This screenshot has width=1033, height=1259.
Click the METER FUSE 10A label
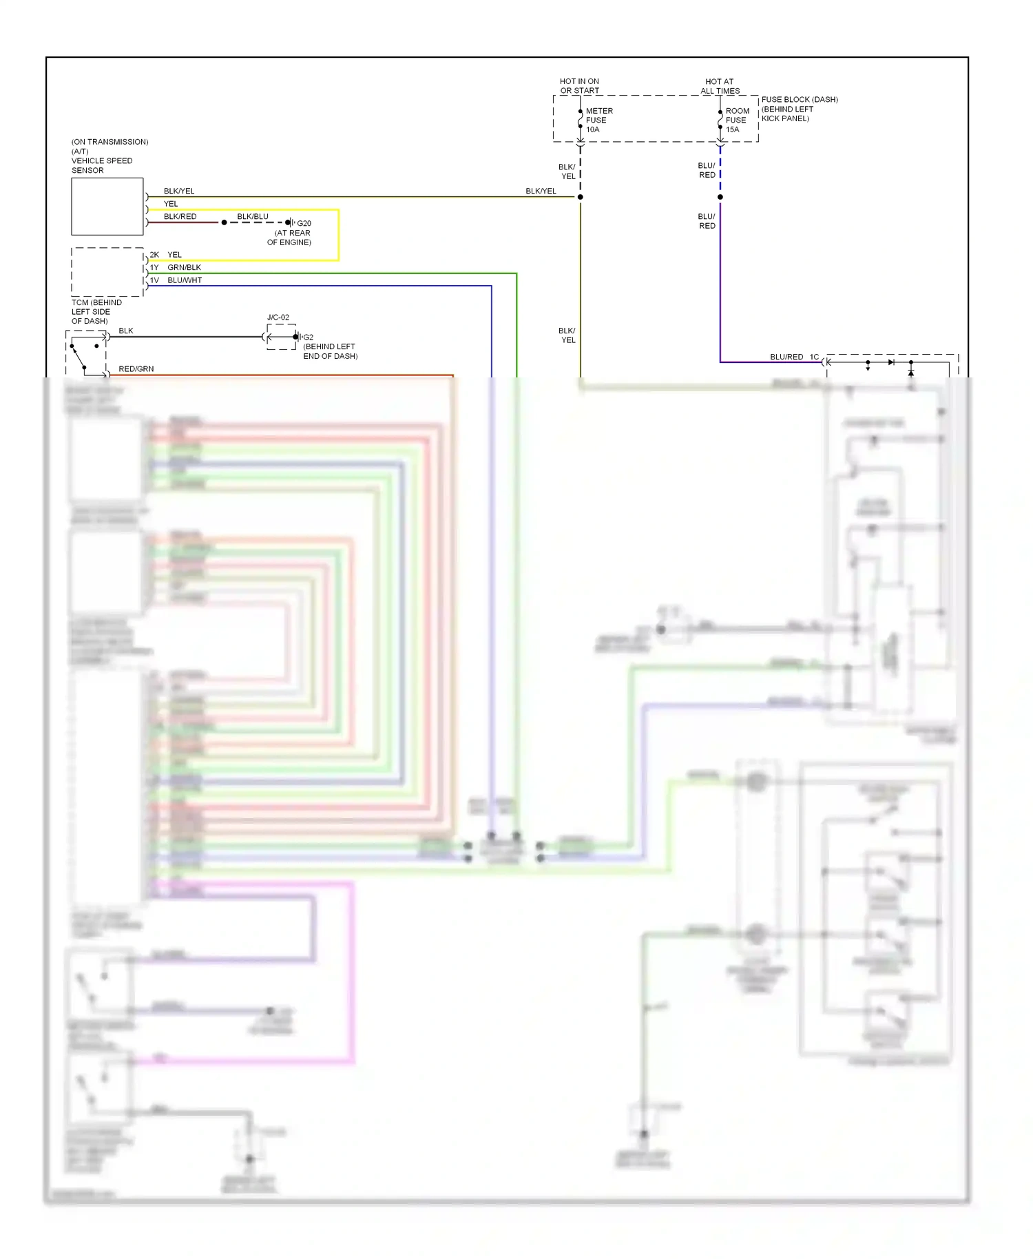(x=598, y=120)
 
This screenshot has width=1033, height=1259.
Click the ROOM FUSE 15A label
(x=737, y=120)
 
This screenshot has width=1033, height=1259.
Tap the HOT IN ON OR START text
(x=579, y=86)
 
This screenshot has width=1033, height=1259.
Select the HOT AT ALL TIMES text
(x=720, y=86)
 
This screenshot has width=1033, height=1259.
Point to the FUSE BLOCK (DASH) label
(x=799, y=100)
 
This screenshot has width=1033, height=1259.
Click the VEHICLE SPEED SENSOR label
(x=101, y=165)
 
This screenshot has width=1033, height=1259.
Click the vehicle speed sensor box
(x=107, y=207)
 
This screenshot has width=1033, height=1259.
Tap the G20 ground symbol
(x=290, y=222)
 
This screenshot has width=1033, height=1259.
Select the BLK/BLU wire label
(x=253, y=216)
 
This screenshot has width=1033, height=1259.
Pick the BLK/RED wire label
(x=180, y=216)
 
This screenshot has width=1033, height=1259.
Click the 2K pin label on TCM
(x=154, y=255)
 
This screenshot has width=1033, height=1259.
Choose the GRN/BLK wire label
(x=184, y=267)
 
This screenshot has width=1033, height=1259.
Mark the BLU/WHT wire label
(x=185, y=280)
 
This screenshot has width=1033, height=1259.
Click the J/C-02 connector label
(x=278, y=318)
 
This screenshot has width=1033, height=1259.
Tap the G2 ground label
(x=308, y=337)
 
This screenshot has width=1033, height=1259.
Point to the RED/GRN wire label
(x=136, y=369)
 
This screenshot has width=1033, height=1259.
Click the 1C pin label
(x=814, y=357)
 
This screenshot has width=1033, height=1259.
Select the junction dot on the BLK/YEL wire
(x=580, y=197)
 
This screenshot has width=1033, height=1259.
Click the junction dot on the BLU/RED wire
(x=720, y=197)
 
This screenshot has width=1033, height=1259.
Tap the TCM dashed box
(x=107, y=272)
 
